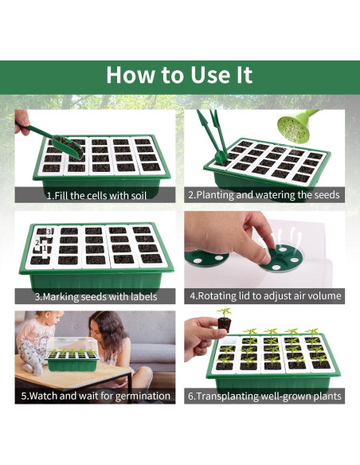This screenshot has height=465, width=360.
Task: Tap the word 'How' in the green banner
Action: pos(130,74)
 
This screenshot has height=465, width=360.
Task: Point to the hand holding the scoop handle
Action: pos(22,121)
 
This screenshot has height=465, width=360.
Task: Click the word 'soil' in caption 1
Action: pos(138,196)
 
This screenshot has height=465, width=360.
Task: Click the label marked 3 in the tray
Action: pos(49,232)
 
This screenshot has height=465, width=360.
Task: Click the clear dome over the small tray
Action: pos(72,346)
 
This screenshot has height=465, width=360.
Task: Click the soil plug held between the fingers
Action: pos(224,324)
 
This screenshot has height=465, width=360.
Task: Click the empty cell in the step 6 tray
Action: pos(228,342)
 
